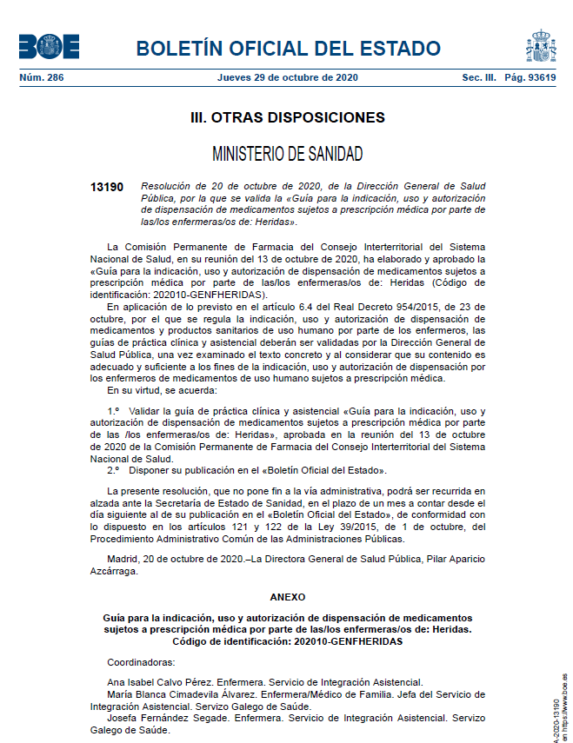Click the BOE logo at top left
coord(48,46)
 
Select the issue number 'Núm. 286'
coord(41,77)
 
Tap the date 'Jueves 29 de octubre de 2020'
coord(287,77)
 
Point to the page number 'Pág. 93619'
coord(530,77)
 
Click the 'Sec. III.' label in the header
coord(479,77)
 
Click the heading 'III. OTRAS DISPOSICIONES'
coord(287,117)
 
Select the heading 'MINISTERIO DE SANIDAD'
coord(287,155)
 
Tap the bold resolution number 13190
coord(107,187)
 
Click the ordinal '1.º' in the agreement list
coord(113,410)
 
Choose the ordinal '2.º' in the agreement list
coord(113,470)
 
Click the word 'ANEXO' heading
coord(287,598)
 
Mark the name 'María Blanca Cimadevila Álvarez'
coord(182,694)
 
